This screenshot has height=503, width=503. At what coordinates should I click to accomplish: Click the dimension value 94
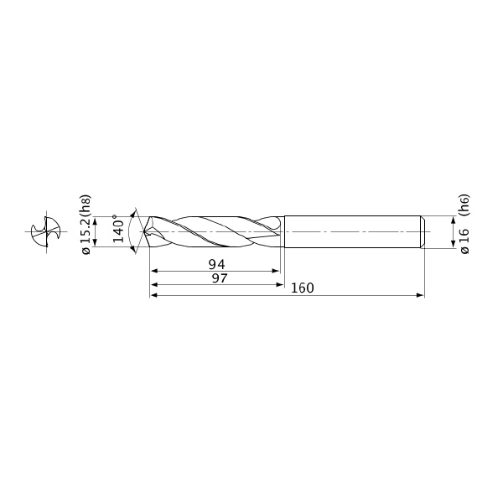pos(217,265)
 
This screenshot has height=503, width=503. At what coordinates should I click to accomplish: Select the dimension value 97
pos(220,278)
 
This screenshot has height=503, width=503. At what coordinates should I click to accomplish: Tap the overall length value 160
pos(302,288)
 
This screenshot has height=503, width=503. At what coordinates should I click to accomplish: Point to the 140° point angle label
pos(118,229)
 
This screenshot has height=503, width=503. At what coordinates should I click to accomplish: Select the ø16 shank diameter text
pos(464,241)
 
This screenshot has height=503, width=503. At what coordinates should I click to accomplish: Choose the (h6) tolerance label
pos(464,205)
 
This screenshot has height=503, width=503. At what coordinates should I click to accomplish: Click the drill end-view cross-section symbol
pos(46,231)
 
